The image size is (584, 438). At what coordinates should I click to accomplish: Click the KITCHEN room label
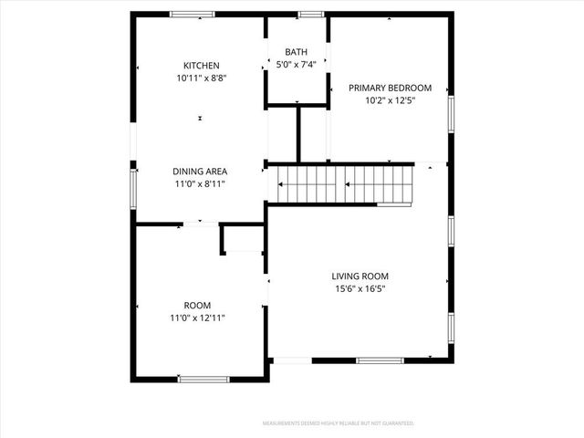[201, 66]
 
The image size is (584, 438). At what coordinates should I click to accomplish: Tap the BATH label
[296, 52]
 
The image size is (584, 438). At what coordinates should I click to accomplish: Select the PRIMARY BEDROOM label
[390, 89]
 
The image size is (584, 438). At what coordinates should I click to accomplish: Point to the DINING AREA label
[200, 171]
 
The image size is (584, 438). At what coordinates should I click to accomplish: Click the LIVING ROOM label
[360, 276]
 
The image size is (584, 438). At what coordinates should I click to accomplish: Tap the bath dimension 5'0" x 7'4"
[296, 65]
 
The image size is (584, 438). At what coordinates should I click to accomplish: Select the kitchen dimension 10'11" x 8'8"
[201, 78]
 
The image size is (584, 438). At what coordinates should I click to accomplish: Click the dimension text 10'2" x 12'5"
[390, 101]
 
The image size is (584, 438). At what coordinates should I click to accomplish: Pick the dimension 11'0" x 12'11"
[198, 318]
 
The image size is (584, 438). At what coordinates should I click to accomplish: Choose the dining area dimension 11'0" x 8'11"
[200, 183]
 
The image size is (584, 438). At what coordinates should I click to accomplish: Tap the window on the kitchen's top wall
[193, 15]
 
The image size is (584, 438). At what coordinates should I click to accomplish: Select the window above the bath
[310, 15]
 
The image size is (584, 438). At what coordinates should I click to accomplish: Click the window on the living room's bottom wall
[380, 360]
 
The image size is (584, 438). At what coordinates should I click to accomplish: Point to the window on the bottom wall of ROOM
[203, 379]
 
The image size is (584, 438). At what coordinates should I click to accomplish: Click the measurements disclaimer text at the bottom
[338, 423]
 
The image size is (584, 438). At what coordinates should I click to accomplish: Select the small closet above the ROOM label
[243, 240]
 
